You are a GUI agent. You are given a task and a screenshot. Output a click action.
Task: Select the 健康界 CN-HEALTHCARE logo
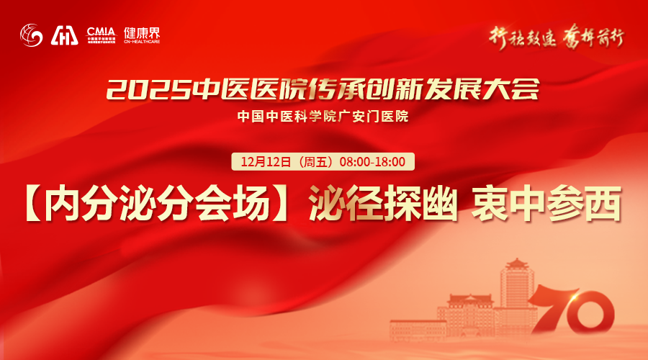click(140, 34)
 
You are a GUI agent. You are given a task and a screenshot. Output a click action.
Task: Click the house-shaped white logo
click(65, 35)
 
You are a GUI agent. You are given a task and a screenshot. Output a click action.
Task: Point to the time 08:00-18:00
click(372, 161)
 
